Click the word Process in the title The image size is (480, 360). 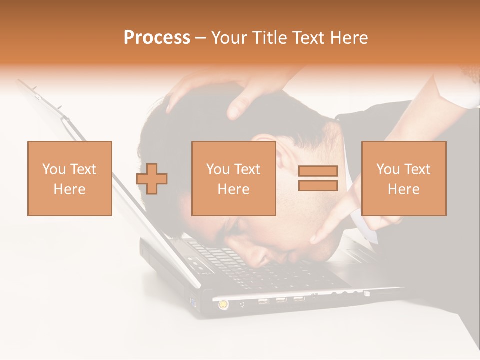157,38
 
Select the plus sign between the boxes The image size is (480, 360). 152,179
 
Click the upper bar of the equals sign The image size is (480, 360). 318,171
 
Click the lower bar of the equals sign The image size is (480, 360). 318,186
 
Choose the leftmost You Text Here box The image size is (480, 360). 69,178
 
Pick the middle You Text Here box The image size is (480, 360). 233,178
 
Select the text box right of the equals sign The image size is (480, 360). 403,178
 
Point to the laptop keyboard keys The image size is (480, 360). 235,265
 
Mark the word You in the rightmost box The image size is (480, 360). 387,169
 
